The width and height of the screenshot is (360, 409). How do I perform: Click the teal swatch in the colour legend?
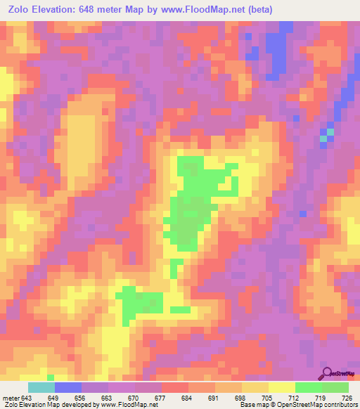click(x=41, y=388)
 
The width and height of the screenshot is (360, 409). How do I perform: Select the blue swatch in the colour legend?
click(x=68, y=388)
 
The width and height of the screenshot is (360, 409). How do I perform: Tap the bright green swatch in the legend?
click(x=309, y=388)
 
